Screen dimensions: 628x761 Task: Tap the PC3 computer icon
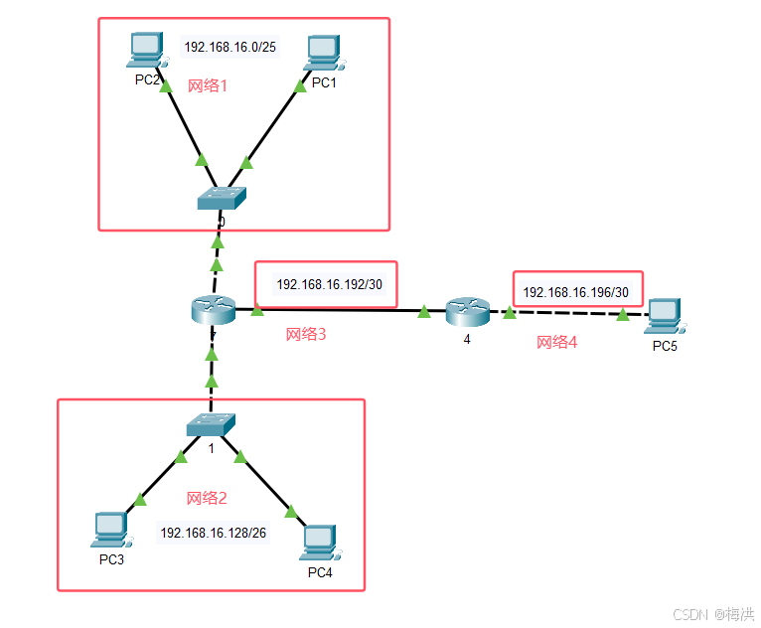[x=111, y=530]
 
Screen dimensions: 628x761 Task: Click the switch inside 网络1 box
[x=222, y=198]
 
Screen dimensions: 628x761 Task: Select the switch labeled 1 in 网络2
[x=211, y=425]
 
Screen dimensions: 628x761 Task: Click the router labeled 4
[x=466, y=312]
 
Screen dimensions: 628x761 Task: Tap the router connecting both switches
[x=213, y=310]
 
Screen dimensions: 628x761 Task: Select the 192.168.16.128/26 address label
[x=213, y=533]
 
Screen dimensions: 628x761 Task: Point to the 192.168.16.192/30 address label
[x=329, y=284]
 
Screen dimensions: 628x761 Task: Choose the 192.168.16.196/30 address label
[x=576, y=292]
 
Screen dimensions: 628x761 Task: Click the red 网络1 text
[x=208, y=85]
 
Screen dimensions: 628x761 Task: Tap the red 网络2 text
[x=208, y=498]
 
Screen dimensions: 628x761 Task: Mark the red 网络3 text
[x=306, y=335]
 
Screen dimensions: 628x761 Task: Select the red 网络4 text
[x=556, y=343]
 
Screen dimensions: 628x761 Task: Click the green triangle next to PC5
[x=623, y=315]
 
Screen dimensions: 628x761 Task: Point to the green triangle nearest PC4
[x=291, y=512]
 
